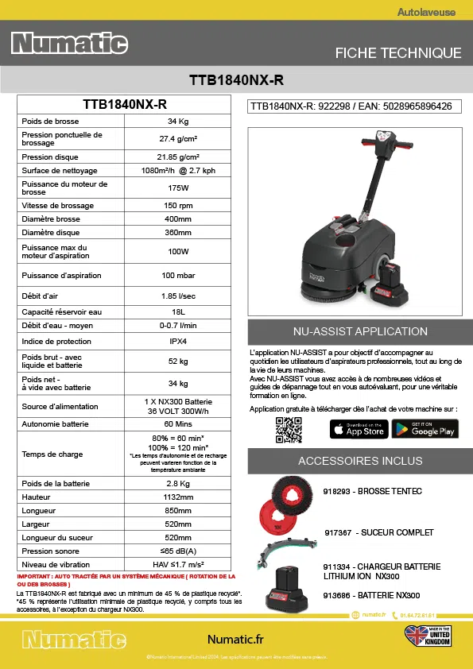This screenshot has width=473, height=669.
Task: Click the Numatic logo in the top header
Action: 69,44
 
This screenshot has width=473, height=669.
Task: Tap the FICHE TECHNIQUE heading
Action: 398,53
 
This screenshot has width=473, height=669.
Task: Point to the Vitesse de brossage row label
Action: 57,205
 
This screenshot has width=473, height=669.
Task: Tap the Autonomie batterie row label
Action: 55,424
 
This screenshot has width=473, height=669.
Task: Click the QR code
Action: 289,429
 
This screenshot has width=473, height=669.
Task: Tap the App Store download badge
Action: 359,429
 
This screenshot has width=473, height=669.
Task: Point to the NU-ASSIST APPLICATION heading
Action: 360,331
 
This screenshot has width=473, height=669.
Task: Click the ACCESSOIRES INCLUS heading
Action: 360,461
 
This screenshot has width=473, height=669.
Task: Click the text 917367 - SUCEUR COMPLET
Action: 378,532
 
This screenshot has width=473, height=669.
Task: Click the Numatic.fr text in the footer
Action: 235,639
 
